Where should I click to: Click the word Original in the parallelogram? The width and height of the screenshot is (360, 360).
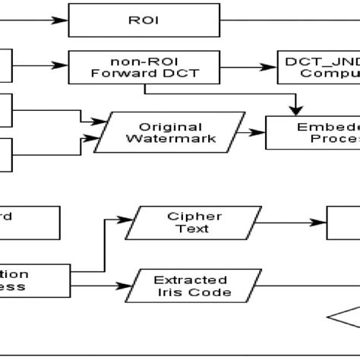coord(171,126)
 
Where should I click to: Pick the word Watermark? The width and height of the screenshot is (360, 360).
coord(171,139)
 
